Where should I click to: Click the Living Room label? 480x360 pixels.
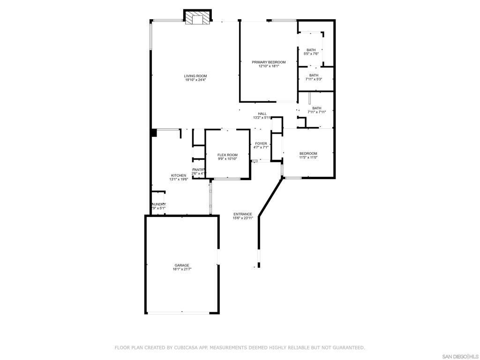(195, 76)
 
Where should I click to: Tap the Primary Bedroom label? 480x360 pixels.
(269, 62)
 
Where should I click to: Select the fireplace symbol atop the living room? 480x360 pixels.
(197, 18)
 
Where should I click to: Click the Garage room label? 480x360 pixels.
(182, 265)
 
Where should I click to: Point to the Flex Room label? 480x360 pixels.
(227, 155)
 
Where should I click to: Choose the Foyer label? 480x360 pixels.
(261, 143)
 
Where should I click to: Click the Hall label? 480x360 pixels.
(262, 113)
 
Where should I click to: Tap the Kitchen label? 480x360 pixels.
(178, 175)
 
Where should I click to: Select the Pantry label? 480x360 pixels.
(198, 170)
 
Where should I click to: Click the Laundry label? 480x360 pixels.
(158, 204)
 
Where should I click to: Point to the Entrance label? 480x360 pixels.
(243, 214)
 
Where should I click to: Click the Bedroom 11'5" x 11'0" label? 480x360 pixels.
(308, 154)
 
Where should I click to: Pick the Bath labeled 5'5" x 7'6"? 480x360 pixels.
(311, 50)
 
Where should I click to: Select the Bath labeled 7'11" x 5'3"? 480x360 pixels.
(314, 75)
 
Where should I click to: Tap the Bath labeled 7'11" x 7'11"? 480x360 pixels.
(317, 108)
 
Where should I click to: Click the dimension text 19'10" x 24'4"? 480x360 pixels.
(195, 80)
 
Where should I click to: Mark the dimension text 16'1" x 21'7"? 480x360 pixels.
(182, 270)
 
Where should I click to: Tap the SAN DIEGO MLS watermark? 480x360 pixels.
(460, 356)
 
